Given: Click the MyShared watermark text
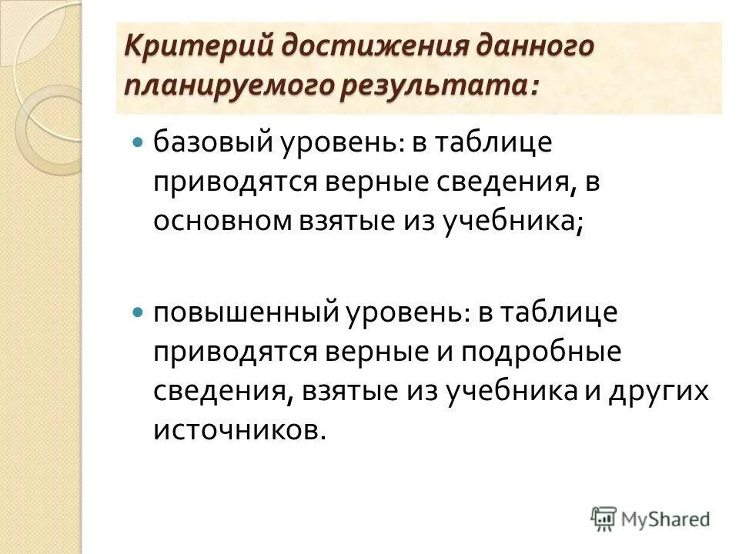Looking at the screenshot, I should click(x=667, y=519).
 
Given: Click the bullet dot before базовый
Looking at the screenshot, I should click(x=138, y=143).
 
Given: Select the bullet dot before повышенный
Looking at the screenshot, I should click(x=138, y=313).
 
